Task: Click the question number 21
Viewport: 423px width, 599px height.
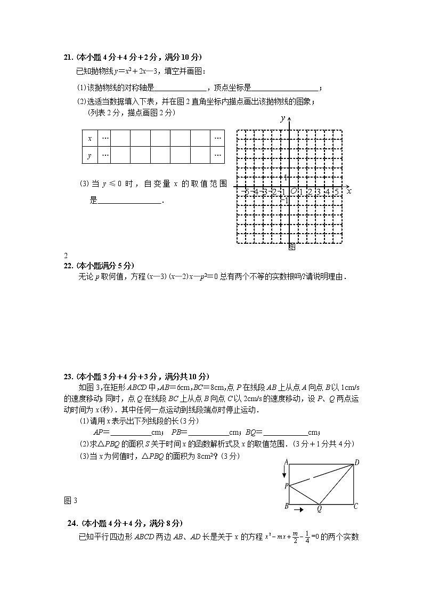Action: click(x=67, y=58)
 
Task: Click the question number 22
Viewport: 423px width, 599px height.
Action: click(x=68, y=265)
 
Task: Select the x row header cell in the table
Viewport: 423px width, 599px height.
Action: click(x=90, y=138)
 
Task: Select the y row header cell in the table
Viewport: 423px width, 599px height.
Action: click(x=90, y=155)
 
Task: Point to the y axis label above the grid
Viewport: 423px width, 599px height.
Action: click(x=283, y=118)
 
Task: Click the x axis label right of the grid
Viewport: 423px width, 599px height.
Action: click(x=349, y=191)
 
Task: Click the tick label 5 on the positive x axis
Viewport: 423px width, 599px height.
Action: click(x=336, y=191)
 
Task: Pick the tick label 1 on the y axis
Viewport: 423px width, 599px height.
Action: click(x=286, y=178)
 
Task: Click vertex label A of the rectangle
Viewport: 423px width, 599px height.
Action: click(x=286, y=462)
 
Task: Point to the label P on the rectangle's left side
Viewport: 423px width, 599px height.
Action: click(x=286, y=486)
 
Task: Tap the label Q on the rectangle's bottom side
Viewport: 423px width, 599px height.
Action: click(x=319, y=509)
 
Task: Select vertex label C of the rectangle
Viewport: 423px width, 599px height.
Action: click(x=356, y=506)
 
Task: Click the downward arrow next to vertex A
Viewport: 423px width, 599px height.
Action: click(x=284, y=473)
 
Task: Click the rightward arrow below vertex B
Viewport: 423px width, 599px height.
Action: click(x=299, y=510)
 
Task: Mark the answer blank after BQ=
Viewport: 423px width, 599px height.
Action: click(x=285, y=433)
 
